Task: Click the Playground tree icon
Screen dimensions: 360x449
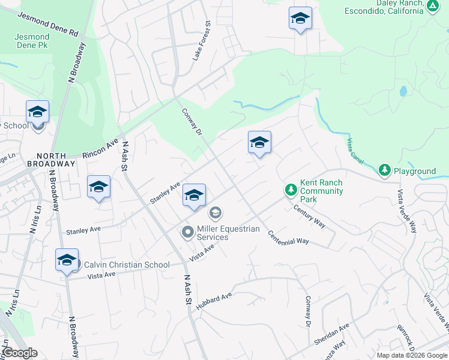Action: click(x=385, y=171)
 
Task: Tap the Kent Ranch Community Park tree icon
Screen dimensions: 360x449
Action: click(x=291, y=190)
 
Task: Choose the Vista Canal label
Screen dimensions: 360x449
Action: click(x=357, y=152)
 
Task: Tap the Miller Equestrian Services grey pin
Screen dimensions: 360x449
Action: click(x=188, y=232)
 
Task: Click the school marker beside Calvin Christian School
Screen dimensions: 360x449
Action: click(x=67, y=260)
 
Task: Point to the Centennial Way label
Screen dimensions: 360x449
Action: click(x=288, y=237)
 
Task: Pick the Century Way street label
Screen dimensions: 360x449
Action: click(x=309, y=216)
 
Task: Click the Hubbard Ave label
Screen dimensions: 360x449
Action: click(x=214, y=300)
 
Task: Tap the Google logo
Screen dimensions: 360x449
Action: click(x=20, y=353)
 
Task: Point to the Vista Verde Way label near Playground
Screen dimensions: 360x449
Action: click(x=406, y=212)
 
